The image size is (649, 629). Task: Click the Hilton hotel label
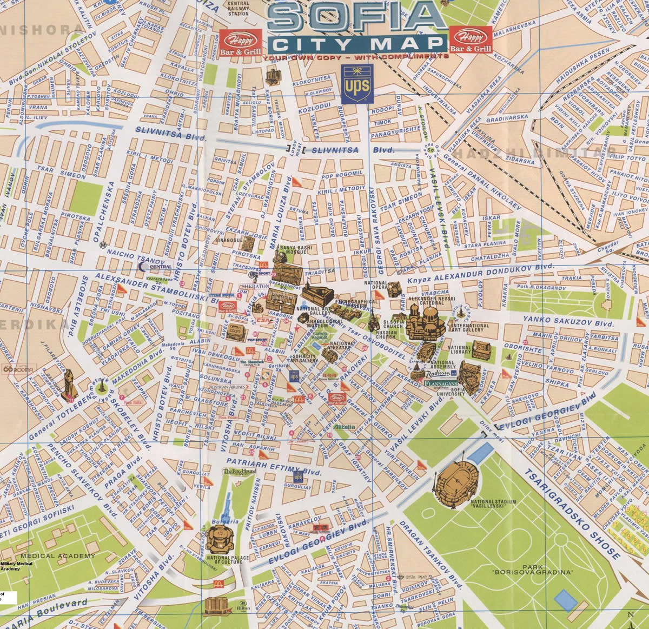(242, 608)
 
